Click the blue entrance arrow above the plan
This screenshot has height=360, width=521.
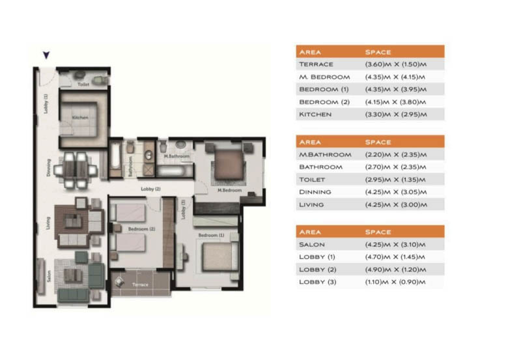pyautogui.click(x=46, y=56)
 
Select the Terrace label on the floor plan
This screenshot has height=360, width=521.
pyautogui.click(x=140, y=285)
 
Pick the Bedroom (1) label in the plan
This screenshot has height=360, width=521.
pyautogui.click(x=212, y=234)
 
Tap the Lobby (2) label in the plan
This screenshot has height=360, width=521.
pyautogui.click(x=151, y=189)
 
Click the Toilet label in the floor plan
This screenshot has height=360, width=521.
pyautogui.click(x=83, y=85)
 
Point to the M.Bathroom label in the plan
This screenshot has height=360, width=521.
pyautogui.click(x=176, y=157)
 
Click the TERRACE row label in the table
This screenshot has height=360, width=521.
pyautogui.click(x=316, y=64)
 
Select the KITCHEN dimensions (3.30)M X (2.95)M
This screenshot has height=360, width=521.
pyautogui.click(x=395, y=115)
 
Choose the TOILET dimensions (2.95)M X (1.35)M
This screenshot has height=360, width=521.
pyautogui.click(x=395, y=180)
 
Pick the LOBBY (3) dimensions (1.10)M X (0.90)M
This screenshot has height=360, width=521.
pyautogui.click(x=395, y=282)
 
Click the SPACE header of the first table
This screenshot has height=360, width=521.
pyautogui.click(x=379, y=51)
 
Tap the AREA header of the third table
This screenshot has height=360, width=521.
pyautogui.click(x=309, y=232)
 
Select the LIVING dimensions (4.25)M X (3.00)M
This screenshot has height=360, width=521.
pyautogui.click(x=395, y=204)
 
